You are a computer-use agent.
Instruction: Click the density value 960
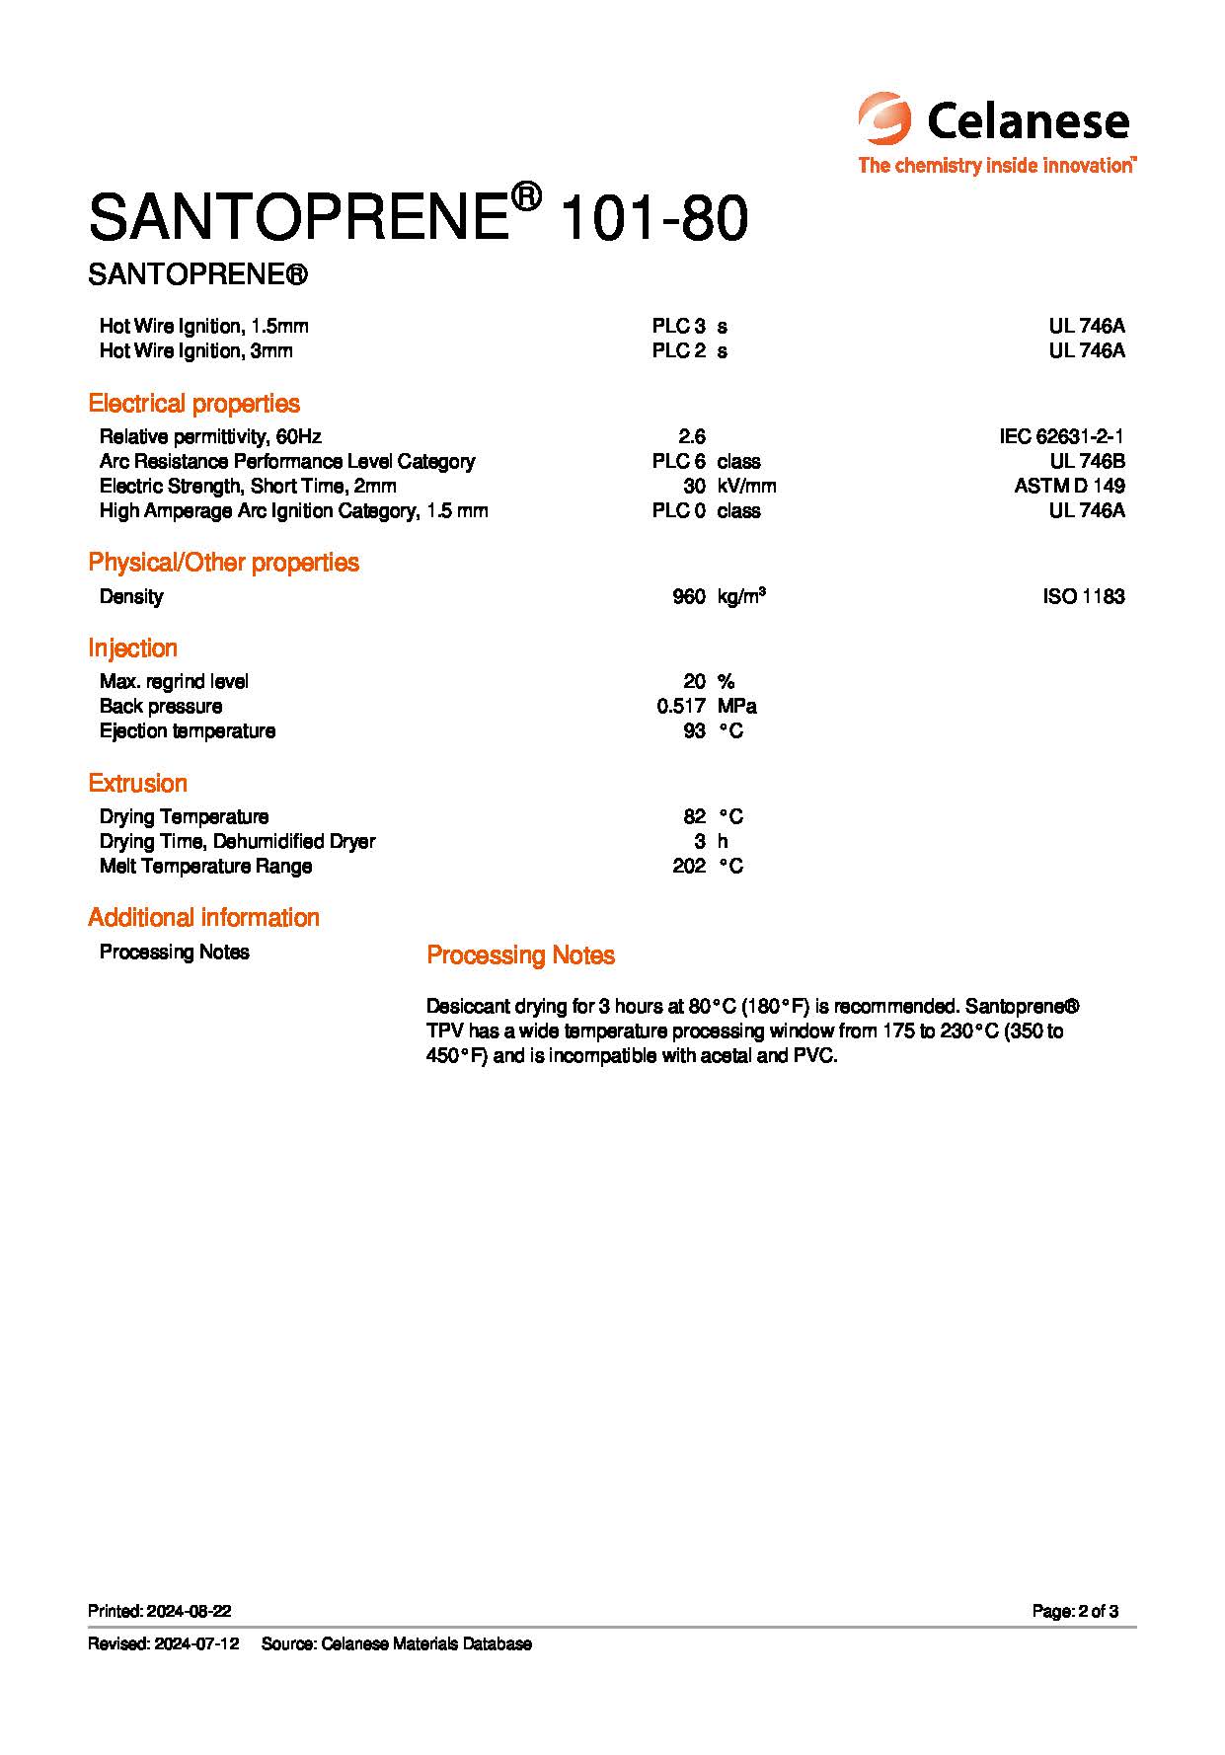point(688,596)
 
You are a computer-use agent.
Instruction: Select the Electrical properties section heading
point(193,403)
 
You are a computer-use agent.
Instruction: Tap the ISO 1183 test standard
point(1083,596)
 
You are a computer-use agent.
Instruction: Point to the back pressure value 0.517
point(680,706)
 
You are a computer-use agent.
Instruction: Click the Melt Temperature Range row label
point(205,866)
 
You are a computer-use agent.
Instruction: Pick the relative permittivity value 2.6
point(692,436)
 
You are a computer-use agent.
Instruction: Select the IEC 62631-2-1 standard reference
point(1061,436)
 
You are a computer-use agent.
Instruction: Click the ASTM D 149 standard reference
point(1069,486)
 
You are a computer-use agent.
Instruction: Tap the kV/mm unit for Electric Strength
point(746,486)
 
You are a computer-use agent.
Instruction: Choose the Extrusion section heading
point(137,783)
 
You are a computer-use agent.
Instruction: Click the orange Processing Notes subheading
point(520,954)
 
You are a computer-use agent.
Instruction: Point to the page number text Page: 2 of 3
point(1075,1611)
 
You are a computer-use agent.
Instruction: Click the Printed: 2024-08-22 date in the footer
point(160,1611)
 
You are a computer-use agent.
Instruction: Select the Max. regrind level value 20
point(694,681)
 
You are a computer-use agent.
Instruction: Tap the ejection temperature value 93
point(694,730)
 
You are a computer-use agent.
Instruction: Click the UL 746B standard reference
point(1087,461)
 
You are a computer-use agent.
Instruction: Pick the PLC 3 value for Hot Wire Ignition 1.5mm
point(678,326)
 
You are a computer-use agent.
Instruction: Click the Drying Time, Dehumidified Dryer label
point(237,841)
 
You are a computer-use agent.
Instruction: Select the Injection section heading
point(132,648)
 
